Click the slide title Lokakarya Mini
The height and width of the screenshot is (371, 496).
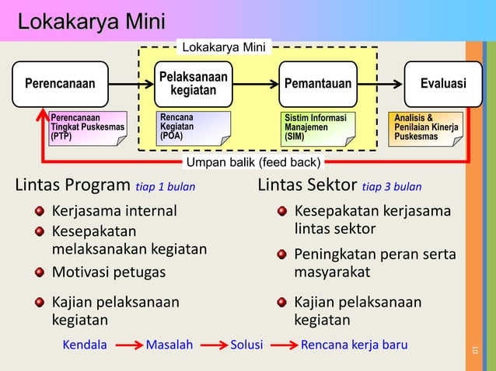91,21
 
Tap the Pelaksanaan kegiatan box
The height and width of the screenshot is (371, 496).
194,84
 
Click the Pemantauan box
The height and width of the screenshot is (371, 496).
318,84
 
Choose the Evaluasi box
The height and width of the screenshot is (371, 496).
442,84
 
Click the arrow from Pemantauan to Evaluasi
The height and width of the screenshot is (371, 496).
380,84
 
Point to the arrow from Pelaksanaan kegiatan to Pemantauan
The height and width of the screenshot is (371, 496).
256,84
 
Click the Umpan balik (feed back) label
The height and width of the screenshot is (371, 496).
252,163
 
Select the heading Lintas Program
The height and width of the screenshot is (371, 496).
72,186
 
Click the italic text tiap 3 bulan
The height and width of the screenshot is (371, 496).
392,187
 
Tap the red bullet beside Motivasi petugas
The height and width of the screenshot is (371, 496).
38,272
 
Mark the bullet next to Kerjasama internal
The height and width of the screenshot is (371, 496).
38,211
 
